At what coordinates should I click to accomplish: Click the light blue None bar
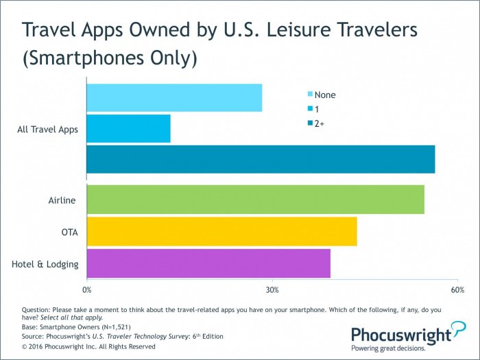coord(174,97)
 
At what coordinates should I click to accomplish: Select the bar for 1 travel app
coord(128,128)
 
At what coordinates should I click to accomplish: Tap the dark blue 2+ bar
coord(261,159)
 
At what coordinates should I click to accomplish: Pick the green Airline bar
coord(255,200)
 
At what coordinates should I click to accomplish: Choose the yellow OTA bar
coord(221,232)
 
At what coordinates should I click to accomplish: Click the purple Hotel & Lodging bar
coord(208,263)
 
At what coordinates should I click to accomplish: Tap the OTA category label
coord(69,232)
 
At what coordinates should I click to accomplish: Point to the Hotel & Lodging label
coord(46,264)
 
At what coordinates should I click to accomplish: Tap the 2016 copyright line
coord(88,346)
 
